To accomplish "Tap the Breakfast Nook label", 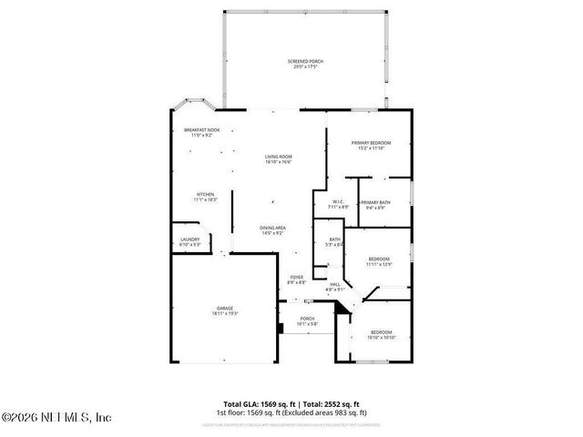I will point(201,130).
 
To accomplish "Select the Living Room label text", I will point(278,157).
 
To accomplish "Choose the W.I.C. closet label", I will point(337,202).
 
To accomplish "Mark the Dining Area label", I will point(273,228).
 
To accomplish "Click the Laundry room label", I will point(189,239).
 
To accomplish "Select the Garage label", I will point(225,309).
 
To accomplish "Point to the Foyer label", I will point(296,277).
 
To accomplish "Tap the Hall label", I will point(335,284).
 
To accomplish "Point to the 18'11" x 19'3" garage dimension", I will point(225,314).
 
